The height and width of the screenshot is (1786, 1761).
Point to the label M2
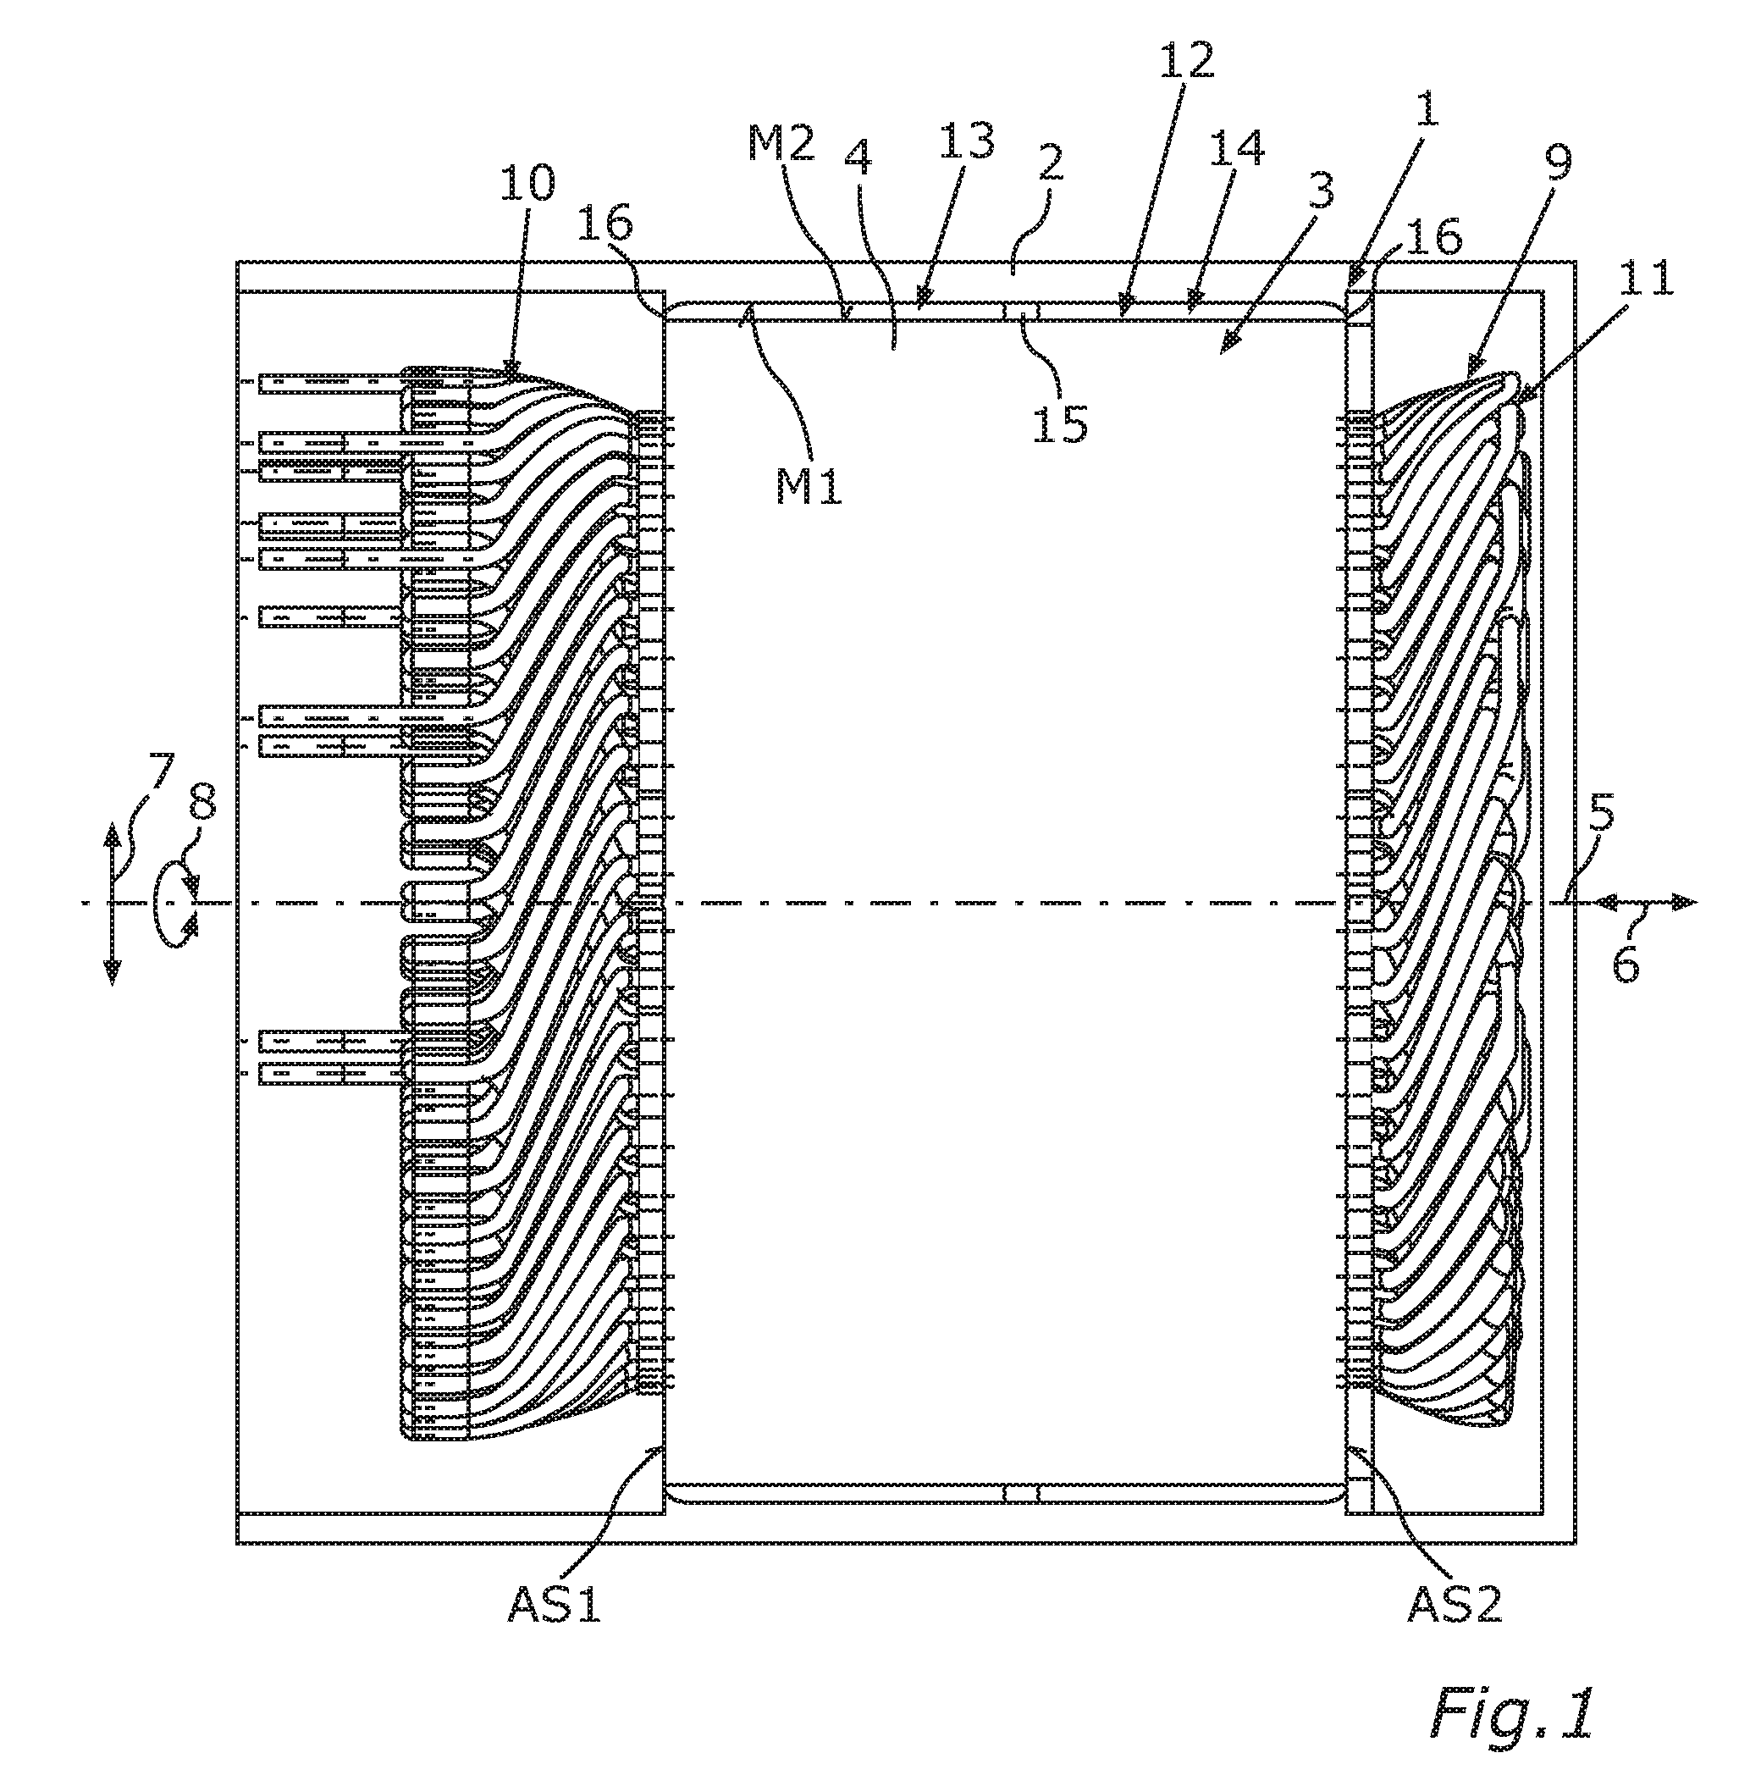[782, 144]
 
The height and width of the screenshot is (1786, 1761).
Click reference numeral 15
[1059, 423]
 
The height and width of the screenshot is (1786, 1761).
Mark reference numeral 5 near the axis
[1602, 815]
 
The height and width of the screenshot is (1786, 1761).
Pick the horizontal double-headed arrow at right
[1644, 901]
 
